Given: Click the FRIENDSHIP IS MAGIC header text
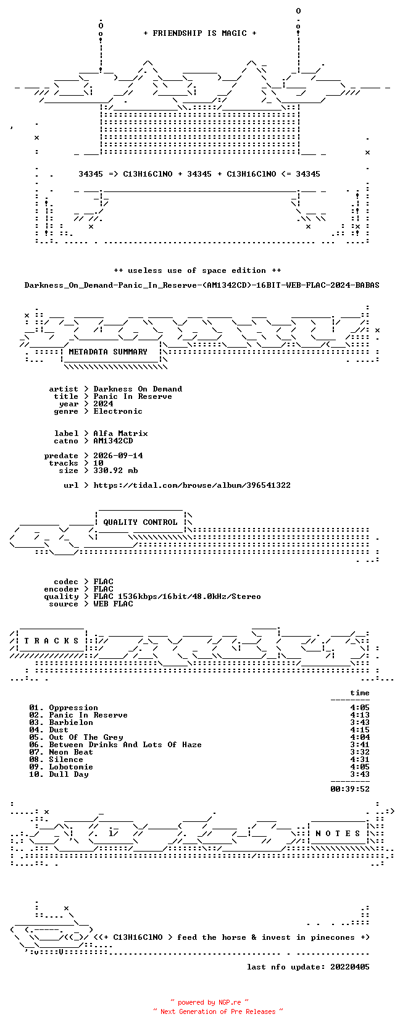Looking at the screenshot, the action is [x=200, y=33].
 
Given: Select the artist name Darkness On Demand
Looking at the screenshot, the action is [x=138, y=389].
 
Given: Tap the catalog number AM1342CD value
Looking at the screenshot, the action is [x=113, y=441].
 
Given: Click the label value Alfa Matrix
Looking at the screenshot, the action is [x=120, y=433].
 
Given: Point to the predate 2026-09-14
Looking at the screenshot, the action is [x=118, y=456].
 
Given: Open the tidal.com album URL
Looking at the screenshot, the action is [x=192, y=485].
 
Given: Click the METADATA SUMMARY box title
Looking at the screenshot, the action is [x=108, y=352].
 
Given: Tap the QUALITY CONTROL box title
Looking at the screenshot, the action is [x=140, y=522].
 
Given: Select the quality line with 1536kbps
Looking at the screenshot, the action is [x=177, y=597].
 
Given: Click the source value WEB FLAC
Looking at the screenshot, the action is [x=113, y=604].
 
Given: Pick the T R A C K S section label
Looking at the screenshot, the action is [x=51, y=641].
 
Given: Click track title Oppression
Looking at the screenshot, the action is [x=73, y=708].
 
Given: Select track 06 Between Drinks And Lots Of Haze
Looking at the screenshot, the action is [x=115, y=745].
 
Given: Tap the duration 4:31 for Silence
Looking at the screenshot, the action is [x=359, y=759].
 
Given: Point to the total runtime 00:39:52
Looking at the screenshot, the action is [x=350, y=789].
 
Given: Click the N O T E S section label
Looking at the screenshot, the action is [x=338, y=833].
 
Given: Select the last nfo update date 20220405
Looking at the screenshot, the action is [x=350, y=966].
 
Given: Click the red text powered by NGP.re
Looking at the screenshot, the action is [x=209, y=1002].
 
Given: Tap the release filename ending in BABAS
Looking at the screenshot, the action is [x=202, y=285].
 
